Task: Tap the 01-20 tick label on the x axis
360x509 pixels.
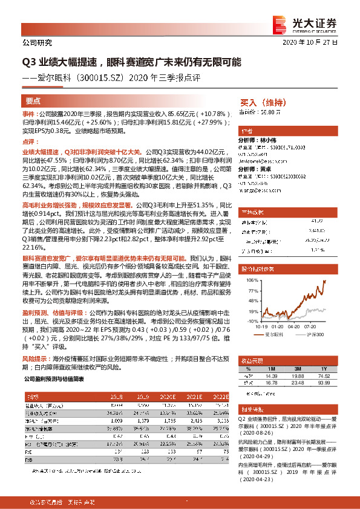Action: [277, 333]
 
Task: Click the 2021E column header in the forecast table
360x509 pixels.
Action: [195, 397]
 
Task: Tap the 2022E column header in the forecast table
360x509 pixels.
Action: [221, 397]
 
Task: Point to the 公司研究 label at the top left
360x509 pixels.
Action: [37, 43]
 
